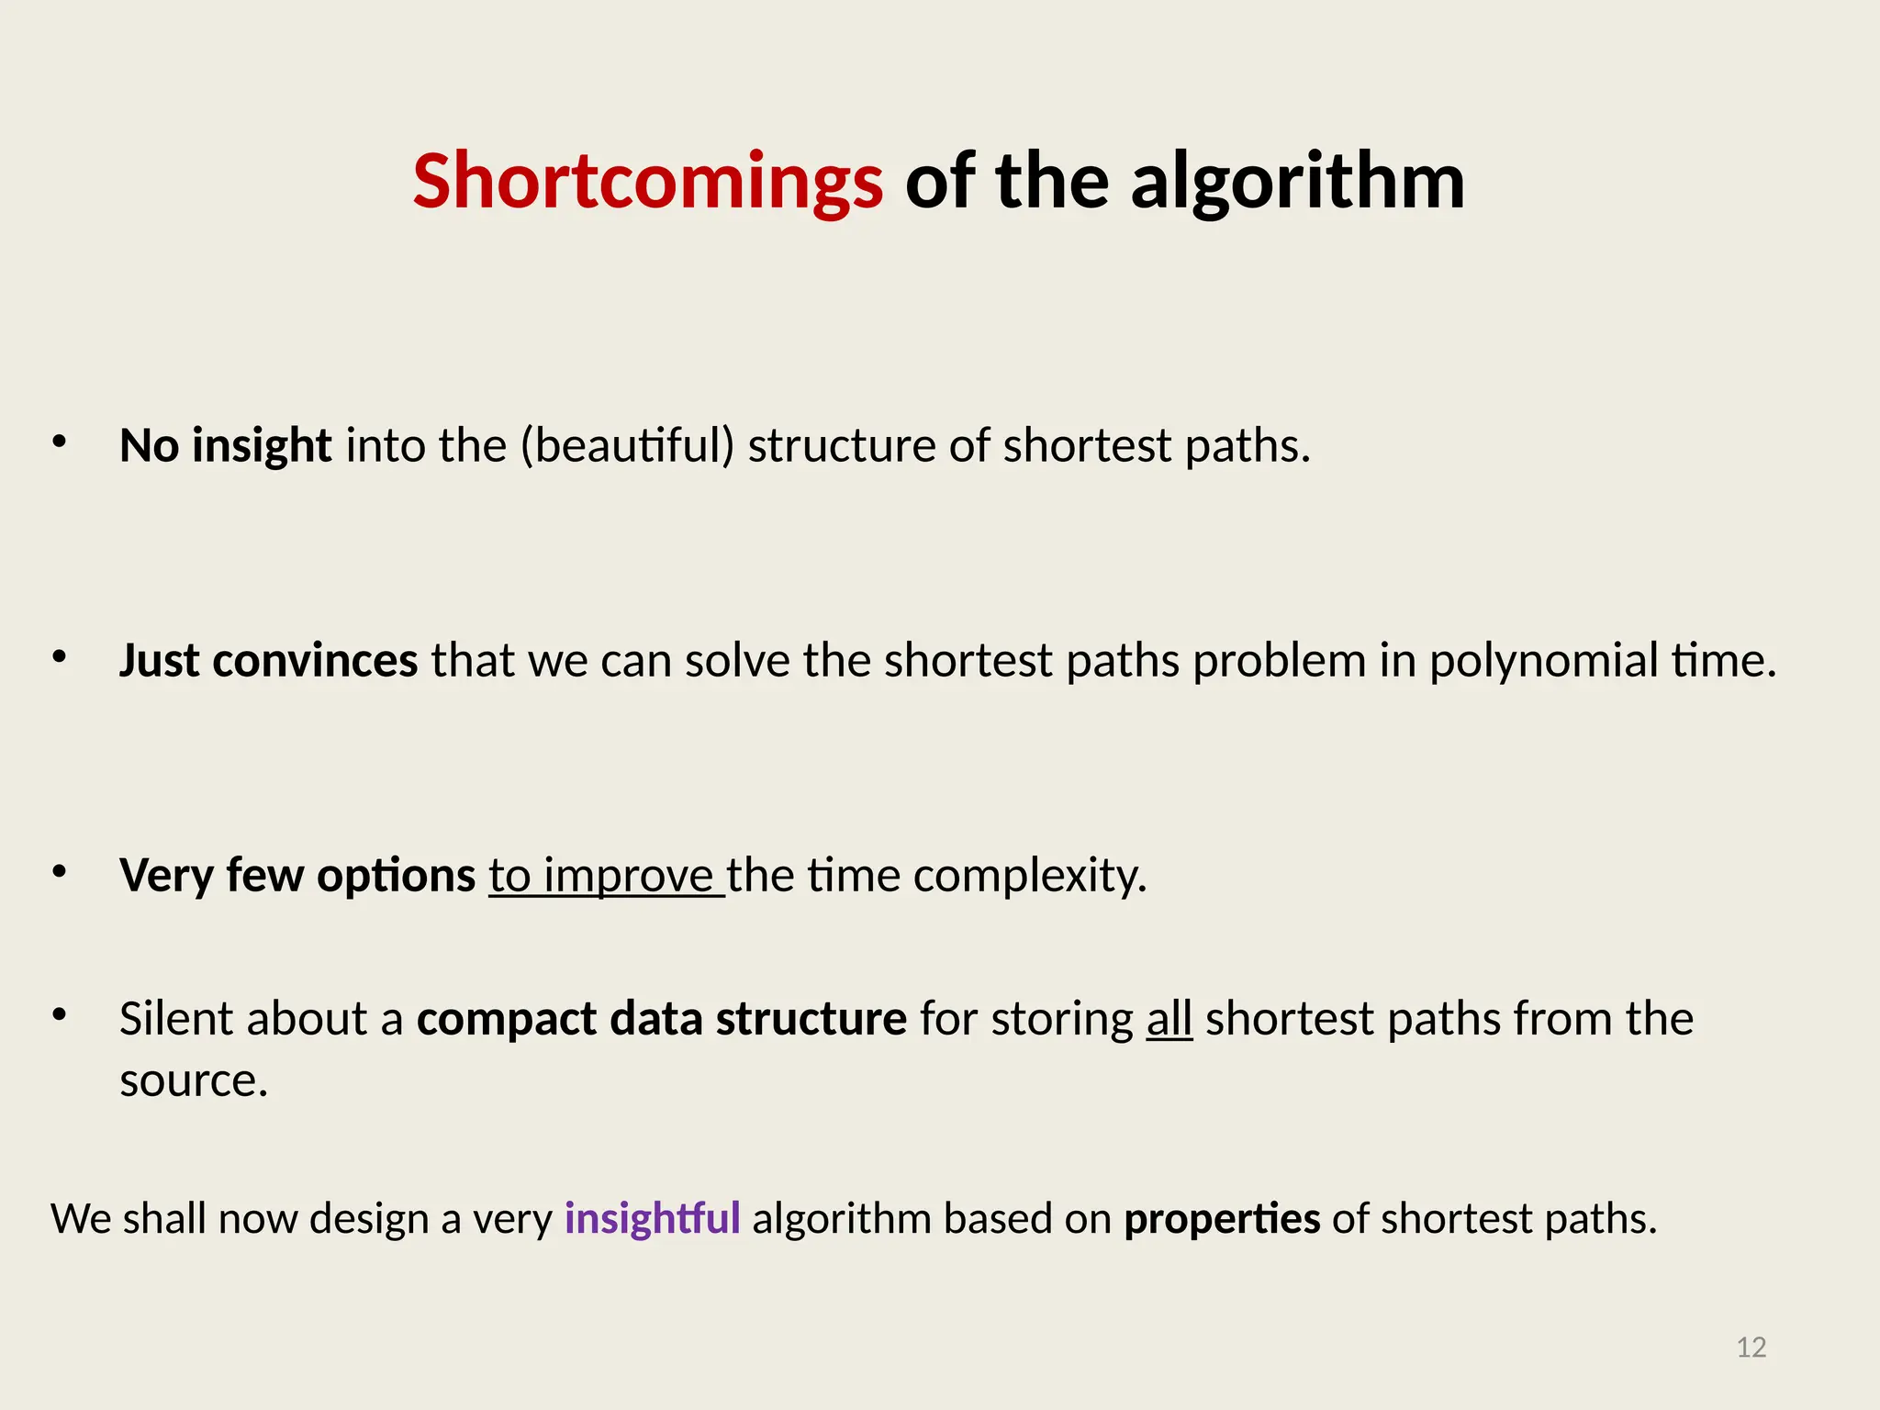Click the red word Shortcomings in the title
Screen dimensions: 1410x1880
(x=647, y=181)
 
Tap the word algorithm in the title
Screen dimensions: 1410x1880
(x=1297, y=181)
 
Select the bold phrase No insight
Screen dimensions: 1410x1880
(x=225, y=445)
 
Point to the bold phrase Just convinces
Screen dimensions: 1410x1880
(x=268, y=660)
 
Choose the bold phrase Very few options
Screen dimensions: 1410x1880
(x=297, y=875)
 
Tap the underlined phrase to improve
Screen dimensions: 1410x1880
(x=601, y=875)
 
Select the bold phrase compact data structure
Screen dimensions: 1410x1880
(x=661, y=1018)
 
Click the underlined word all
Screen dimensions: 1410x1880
(x=1169, y=1018)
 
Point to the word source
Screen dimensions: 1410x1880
(x=193, y=1080)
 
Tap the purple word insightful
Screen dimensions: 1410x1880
(x=652, y=1218)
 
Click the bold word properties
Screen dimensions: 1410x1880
(x=1222, y=1218)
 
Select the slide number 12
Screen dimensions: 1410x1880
(x=1751, y=1347)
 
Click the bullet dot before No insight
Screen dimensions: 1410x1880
(x=60, y=442)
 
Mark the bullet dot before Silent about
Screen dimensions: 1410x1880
(x=60, y=1015)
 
